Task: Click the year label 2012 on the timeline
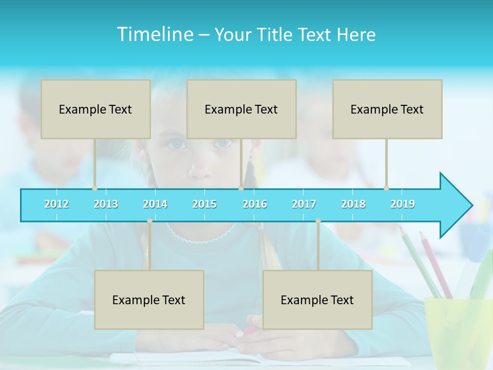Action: pos(56,204)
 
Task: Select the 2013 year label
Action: pos(106,204)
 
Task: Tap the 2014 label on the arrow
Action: pos(155,204)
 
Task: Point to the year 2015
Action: pos(204,204)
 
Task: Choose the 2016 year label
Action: pos(255,204)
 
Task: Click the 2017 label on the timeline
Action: pos(304,204)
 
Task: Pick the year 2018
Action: pos(353,204)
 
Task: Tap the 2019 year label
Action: pos(403,204)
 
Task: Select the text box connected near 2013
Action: pos(96,109)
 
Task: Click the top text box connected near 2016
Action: pos(241,109)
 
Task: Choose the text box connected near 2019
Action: pos(387,109)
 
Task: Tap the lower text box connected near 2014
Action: pos(149,300)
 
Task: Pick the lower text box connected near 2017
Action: pos(317,300)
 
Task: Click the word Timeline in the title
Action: pos(154,34)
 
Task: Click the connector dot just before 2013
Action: pos(94,189)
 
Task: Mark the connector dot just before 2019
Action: pos(386,189)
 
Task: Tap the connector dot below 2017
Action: pos(318,221)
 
